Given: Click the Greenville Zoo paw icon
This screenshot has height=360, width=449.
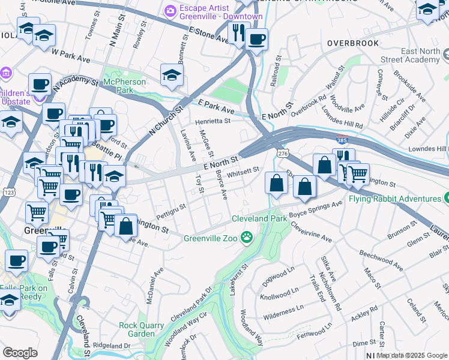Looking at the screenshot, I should pyautogui.click(x=247, y=238).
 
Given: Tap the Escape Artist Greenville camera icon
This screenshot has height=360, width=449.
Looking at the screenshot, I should pyautogui.click(x=170, y=11).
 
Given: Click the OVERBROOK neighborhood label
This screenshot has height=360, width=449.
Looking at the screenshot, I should pyautogui.click(x=353, y=43).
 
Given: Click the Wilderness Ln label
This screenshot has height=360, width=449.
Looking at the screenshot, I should pyautogui.click(x=283, y=310).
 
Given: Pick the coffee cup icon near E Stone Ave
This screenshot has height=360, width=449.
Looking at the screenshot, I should pyautogui.click(x=256, y=40).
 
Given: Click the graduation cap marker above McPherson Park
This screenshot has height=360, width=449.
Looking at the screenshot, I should pyautogui.click(x=172, y=76).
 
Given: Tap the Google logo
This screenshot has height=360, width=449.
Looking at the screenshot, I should pyautogui.click(x=20, y=353).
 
